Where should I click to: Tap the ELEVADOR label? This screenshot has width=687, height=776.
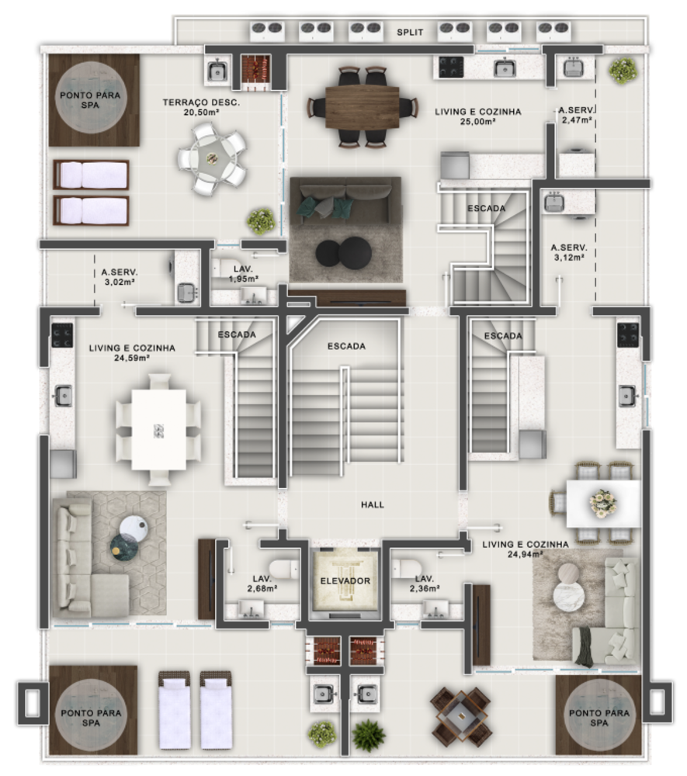click(345, 580)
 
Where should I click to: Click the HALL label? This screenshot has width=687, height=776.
click(373, 505)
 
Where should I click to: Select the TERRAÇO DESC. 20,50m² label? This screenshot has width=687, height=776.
click(201, 107)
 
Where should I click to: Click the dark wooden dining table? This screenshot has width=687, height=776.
click(363, 106)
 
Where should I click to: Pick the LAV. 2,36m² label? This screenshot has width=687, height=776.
click(425, 583)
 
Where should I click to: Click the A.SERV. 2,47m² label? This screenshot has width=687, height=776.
click(576, 116)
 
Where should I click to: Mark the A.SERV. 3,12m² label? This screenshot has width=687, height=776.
click(568, 252)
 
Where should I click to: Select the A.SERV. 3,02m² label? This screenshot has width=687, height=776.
click(120, 277)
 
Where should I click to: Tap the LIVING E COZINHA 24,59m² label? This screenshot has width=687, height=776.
click(131, 353)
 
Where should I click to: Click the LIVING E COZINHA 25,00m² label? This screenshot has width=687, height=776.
click(477, 116)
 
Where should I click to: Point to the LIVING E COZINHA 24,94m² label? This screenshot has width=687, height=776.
click(525, 549)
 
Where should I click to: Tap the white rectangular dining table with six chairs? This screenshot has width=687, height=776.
click(158, 428)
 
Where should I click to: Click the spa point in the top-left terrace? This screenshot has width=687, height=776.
click(89, 100)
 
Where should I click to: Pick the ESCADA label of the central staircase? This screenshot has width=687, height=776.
click(346, 346)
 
